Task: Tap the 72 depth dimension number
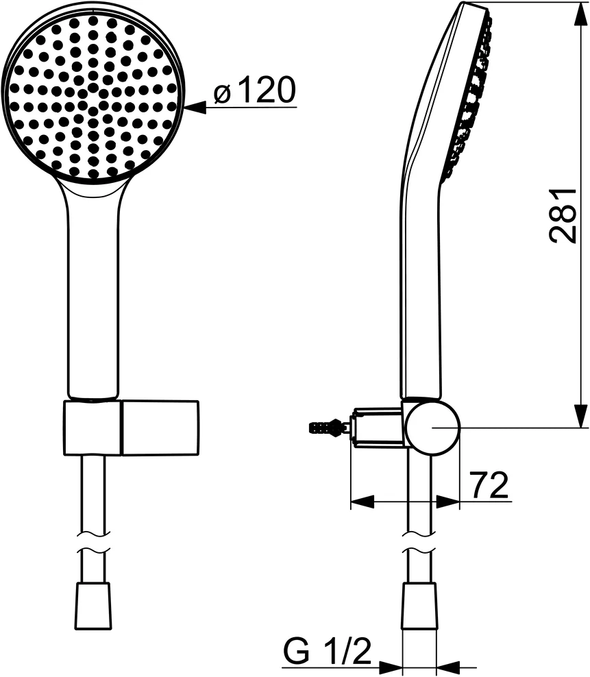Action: [x=489, y=486]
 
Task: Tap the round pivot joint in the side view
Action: [x=431, y=427]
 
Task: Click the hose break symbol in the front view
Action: [x=93, y=541]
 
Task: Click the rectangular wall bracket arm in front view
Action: [x=160, y=428]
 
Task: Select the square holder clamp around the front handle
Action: [x=93, y=428]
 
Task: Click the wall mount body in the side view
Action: [x=377, y=428]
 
